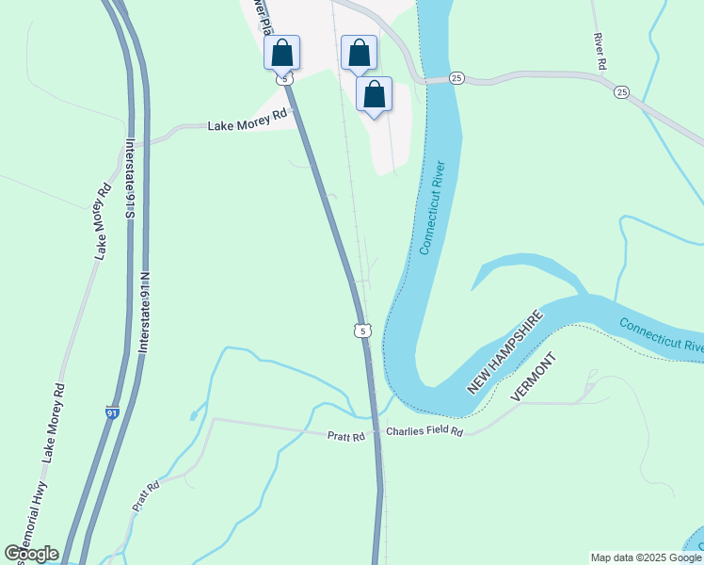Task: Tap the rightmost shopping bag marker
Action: (375, 95)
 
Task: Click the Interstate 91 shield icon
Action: (111, 413)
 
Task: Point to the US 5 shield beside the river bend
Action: (362, 330)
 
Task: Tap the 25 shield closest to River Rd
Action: (621, 92)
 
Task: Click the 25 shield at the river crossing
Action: (456, 76)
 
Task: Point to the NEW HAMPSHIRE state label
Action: (506, 352)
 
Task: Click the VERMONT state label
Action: (534, 379)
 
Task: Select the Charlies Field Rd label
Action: (424, 432)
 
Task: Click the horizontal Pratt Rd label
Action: (345, 436)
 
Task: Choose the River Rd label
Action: (598, 51)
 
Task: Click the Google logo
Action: (31, 554)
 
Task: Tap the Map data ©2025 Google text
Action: (645, 557)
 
